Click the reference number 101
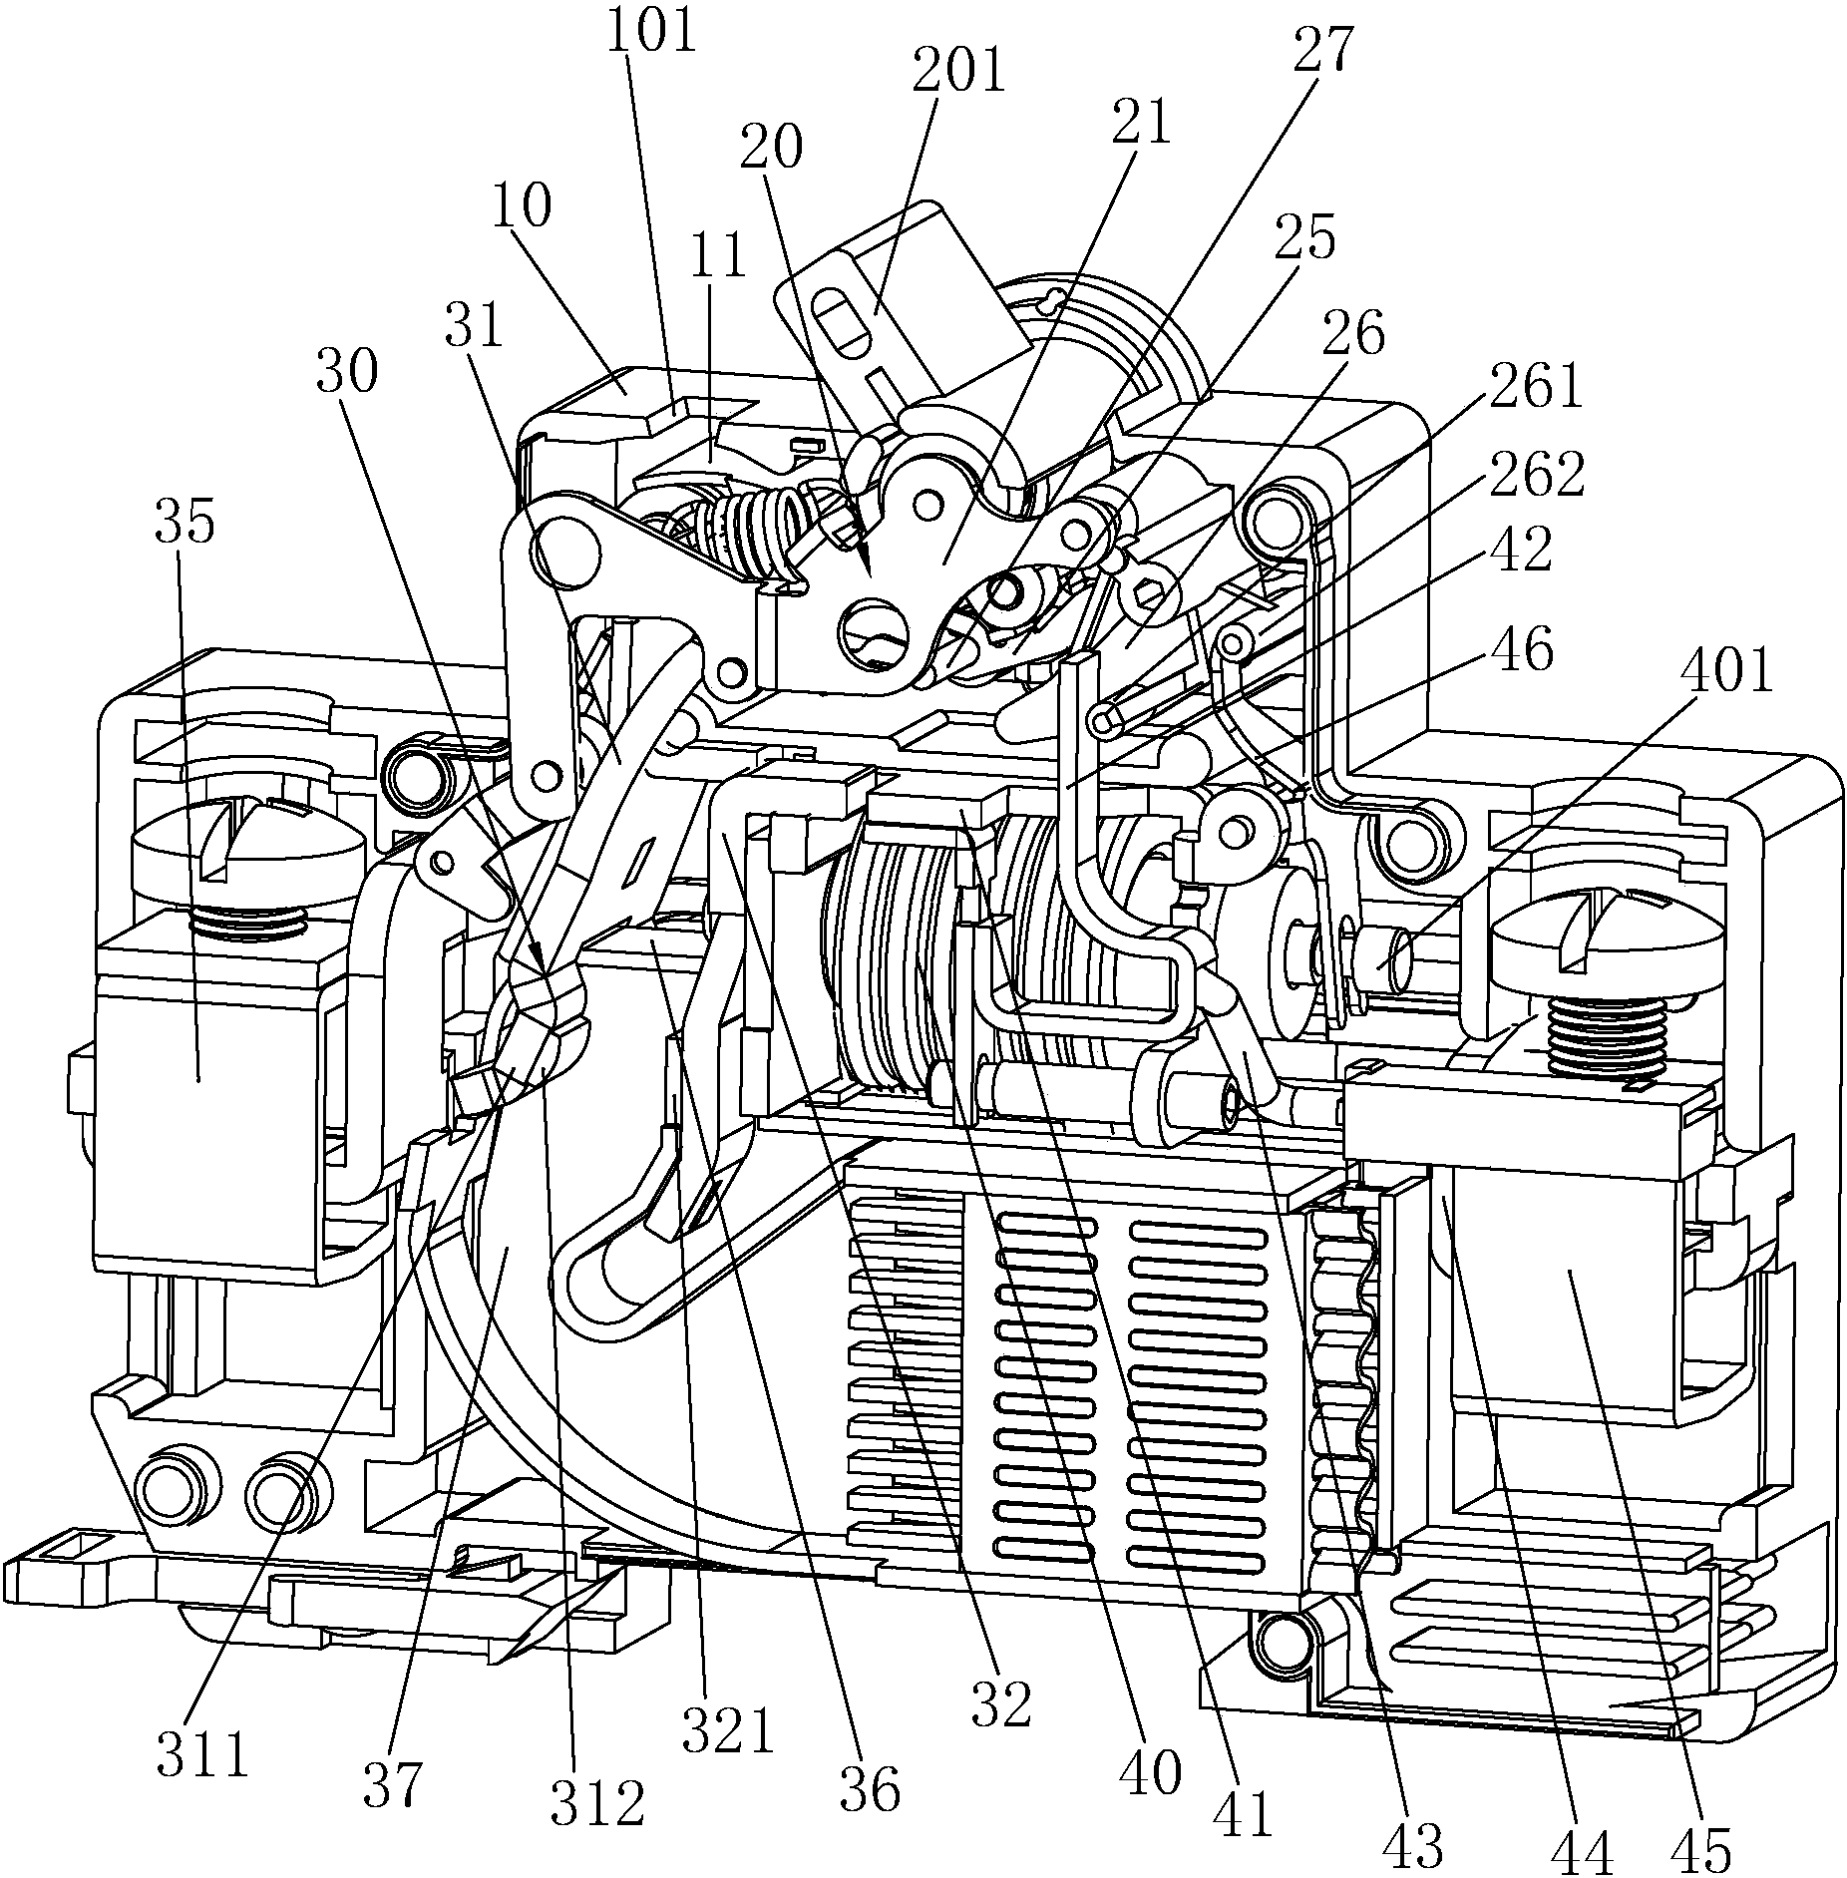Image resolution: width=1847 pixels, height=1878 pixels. point(651,32)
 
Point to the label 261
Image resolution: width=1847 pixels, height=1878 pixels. point(1533,388)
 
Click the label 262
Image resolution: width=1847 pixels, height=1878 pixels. point(1535,477)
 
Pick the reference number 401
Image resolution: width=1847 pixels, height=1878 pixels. point(1724,671)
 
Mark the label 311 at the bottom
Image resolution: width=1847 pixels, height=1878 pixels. point(202,1755)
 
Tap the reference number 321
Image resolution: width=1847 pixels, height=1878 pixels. point(728,1730)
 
